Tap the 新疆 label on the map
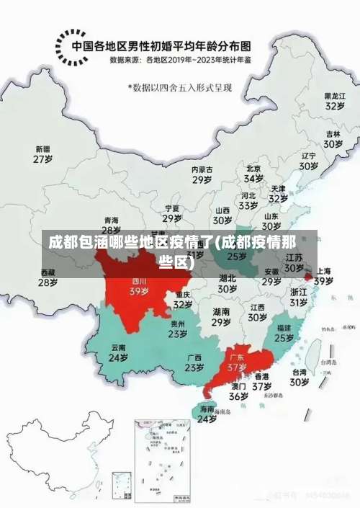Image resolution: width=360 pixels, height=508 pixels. tap(43, 149)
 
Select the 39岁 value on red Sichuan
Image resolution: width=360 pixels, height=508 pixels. tap(139, 292)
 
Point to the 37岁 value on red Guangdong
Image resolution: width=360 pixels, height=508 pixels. tap(238, 367)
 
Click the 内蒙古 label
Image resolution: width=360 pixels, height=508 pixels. tap(202, 170)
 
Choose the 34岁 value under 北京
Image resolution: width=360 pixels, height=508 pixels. tap(253, 178)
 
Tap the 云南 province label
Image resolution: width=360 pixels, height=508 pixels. tap(118, 347)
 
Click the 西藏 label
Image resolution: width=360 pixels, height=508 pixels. tap(48, 272)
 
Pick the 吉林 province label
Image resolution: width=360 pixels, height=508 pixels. tap(333, 134)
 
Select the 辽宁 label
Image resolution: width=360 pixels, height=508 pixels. tap(309, 156)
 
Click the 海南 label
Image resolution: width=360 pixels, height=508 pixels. tap(207, 409)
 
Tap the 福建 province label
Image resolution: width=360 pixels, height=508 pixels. tap(284, 328)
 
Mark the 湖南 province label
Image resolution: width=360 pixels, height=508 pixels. tap(221, 312)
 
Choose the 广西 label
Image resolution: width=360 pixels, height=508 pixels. tap(194, 357)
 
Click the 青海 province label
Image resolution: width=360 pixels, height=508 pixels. tap(111, 220)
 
